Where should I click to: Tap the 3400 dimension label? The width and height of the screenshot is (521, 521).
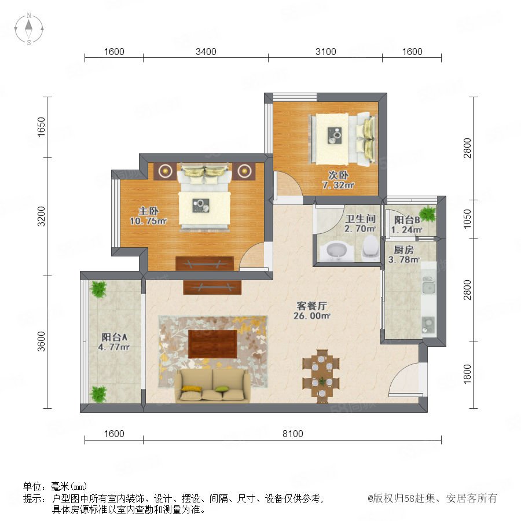point(206,52)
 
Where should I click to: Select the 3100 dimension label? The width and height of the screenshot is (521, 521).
point(325,52)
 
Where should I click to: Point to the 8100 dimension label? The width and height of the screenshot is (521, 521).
point(293,434)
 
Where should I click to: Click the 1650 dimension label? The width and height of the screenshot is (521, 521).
point(41,127)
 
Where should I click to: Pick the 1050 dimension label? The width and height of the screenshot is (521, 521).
point(467,219)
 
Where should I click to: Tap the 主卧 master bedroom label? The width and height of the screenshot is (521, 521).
point(149,211)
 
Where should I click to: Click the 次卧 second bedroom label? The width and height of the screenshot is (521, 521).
point(338,175)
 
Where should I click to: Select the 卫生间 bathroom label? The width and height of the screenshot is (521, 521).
point(361,219)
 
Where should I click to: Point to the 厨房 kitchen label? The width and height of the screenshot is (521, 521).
point(403,250)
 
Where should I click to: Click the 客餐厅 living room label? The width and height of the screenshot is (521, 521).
point(311,305)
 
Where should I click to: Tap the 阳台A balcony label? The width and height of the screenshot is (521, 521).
point(114,337)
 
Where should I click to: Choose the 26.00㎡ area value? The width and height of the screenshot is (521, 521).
point(311,315)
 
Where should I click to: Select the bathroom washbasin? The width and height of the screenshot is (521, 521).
point(335,252)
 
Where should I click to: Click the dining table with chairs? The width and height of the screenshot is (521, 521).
point(321,376)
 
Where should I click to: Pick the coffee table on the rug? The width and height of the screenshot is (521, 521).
point(212,344)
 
